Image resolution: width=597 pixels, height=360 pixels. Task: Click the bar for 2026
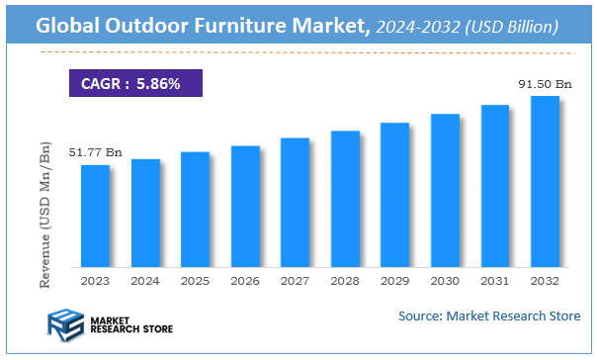[x=245, y=207]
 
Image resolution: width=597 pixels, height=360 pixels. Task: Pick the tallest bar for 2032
[x=545, y=182]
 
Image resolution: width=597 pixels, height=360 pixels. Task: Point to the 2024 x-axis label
[x=145, y=281]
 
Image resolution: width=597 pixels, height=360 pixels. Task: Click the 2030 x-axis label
[x=445, y=281]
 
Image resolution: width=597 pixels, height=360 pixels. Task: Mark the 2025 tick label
[x=196, y=281]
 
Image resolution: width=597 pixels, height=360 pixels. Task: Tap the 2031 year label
[x=495, y=281]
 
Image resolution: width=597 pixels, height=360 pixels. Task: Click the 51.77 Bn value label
[x=95, y=152]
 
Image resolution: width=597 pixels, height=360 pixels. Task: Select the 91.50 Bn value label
[x=545, y=84]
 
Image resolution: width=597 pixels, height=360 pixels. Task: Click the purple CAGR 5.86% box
[x=135, y=84]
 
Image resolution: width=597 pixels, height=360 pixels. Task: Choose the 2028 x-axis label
[x=345, y=281]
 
